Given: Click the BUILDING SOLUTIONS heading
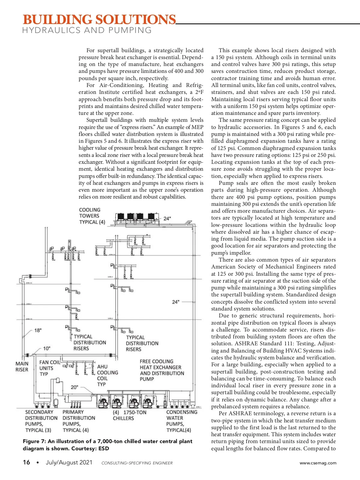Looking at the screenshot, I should click(x=99, y=19).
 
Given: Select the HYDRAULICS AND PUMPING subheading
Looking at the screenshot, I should click(x=87, y=30).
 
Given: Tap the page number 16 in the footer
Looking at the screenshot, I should click(x=26, y=462).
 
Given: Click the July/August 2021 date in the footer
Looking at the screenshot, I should click(x=69, y=462).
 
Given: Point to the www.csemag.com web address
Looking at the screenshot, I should click(x=318, y=463).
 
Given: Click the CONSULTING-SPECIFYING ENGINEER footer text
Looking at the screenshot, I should click(x=137, y=463).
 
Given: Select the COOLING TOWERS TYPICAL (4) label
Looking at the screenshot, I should click(x=92, y=216).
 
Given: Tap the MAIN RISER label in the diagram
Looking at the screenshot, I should click(x=22, y=367).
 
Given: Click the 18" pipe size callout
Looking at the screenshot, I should click(x=38, y=330).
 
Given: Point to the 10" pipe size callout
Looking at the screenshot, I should click(x=46, y=348).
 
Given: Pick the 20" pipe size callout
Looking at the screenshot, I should click(x=74, y=387).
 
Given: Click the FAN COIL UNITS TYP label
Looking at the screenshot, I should click(x=49, y=368).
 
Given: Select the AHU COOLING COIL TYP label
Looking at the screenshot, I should click(x=107, y=375).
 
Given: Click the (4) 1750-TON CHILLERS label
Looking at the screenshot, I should click(x=130, y=415).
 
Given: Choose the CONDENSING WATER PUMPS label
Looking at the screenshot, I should click(x=181, y=421).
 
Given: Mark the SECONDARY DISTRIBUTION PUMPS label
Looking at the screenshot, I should click(x=41, y=421).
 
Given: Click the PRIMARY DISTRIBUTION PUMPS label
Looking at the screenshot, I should click(x=79, y=421).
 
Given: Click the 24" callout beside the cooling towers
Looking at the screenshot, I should click(x=167, y=218).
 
